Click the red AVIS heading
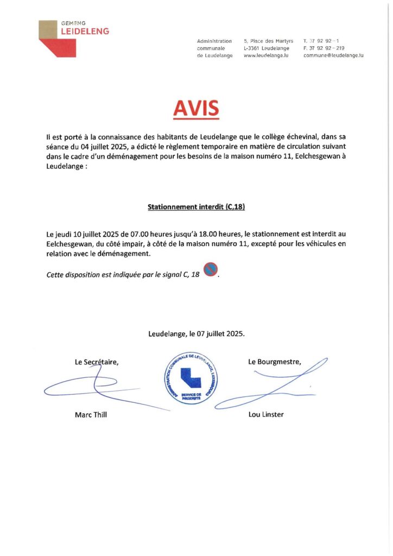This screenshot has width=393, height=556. [x=196, y=109]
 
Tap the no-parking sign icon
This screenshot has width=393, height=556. [x=210, y=269]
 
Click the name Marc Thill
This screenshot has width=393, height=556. [x=91, y=414]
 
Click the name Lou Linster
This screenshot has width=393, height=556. [x=265, y=414]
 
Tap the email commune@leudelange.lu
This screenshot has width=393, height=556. [x=333, y=55]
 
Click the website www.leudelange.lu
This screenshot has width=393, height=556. [x=266, y=55]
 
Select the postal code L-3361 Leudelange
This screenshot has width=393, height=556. [x=266, y=48]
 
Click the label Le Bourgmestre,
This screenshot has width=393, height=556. [x=274, y=362]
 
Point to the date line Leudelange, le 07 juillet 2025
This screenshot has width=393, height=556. [x=196, y=334]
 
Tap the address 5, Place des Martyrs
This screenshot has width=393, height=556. [x=268, y=41]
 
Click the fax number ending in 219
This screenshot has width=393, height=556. [x=324, y=48]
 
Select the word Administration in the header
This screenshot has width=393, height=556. [x=214, y=41]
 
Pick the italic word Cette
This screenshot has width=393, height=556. [x=57, y=275]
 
